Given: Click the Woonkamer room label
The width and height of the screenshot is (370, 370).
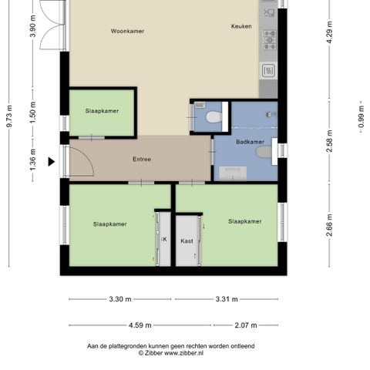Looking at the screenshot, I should pyautogui.click(x=127, y=31).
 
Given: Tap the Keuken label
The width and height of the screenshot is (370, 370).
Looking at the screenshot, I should pyautogui.click(x=241, y=26).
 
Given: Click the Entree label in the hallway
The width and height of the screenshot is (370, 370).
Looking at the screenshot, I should pyautogui.click(x=142, y=160).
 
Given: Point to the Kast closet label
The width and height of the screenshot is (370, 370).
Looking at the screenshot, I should pyautogui.click(x=187, y=240).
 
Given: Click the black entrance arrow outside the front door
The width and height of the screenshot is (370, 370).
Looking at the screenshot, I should pyautogui.click(x=52, y=161).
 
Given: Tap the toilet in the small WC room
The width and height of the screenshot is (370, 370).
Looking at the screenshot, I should pyautogui.click(x=214, y=118).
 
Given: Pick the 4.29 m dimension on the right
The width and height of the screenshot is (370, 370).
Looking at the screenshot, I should pyautogui.click(x=329, y=35).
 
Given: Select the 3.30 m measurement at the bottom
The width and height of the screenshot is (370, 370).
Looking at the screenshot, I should pyautogui.click(x=119, y=299).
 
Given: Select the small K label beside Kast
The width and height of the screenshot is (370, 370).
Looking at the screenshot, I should pyautogui.click(x=163, y=240).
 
